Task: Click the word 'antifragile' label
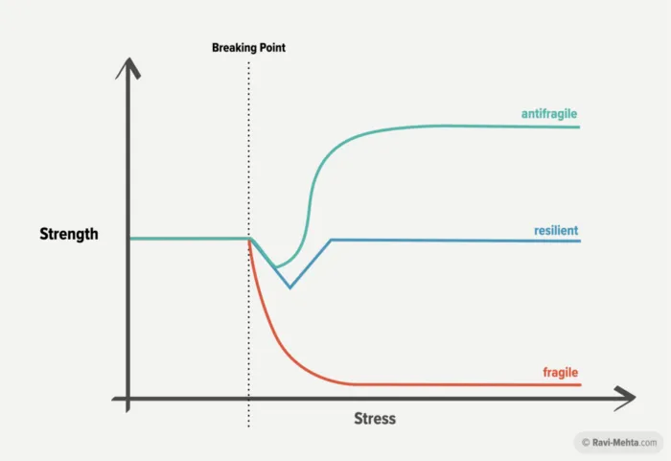click(549, 114)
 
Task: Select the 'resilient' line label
click(556, 231)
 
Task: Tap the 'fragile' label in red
click(562, 372)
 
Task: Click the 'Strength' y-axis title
click(69, 233)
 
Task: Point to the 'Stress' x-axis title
click(375, 419)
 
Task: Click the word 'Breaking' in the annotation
click(231, 47)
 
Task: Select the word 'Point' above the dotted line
click(270, 47)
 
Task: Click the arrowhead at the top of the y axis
click(127, 68)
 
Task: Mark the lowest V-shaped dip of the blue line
click(290, 287)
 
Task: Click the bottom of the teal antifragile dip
click(276, 266)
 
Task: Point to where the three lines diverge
click(249, 239)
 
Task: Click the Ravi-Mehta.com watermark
click(624, 442)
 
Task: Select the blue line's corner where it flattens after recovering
click(331, 240)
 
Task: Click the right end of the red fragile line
click(580, 385)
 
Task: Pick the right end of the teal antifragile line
click(580, 127)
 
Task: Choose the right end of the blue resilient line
click(580, 241)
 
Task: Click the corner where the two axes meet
click(127, 397)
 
